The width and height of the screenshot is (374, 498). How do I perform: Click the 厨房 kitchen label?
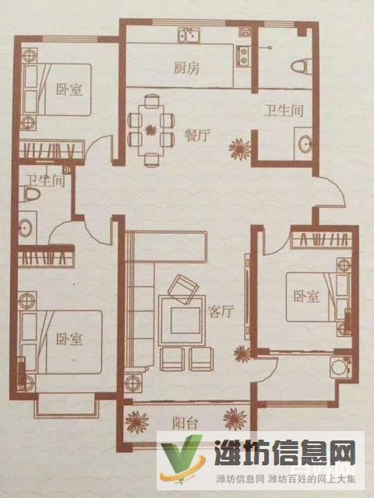tap(187, 67)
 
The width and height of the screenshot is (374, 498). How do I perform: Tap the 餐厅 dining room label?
tap(198, 135)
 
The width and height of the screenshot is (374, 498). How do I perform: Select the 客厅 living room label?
tap(222, 312)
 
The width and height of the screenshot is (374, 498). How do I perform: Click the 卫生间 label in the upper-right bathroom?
tap(283, 111)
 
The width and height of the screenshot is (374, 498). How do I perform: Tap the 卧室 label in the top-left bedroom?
tap(69, 89)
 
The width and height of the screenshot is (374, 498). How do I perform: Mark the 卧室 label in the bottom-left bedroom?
tap(69, 339)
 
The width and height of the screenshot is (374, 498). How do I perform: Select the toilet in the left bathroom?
tap(31, 194)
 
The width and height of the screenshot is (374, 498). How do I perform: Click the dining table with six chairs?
tap(150, 127)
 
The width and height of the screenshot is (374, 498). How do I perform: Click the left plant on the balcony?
tap(138, 422)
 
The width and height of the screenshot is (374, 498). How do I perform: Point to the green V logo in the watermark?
tap(180, 464)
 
